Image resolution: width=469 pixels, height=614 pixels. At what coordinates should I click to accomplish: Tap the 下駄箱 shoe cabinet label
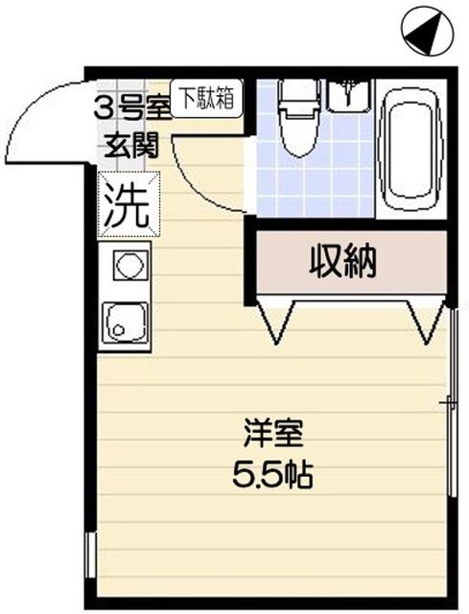point(207,97)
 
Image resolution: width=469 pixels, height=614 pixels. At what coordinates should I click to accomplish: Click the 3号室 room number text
point(132,106)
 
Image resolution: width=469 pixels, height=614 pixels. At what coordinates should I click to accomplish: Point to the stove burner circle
point(126,264)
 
